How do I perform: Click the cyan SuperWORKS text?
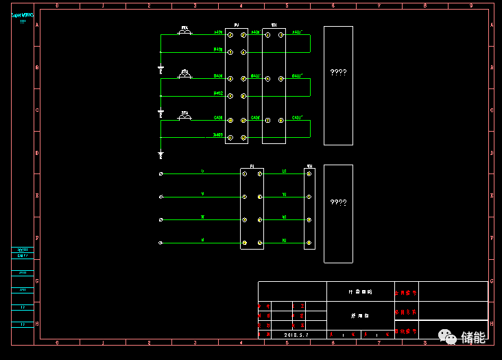[x=23, y=14]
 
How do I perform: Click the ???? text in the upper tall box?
[x=338, y=72]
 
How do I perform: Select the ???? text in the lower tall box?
[x=338, y=202]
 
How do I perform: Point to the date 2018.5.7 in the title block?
[x=296, y=335]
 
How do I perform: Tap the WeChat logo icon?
[x=448, y=337]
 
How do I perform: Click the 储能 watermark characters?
[x=473, y=337]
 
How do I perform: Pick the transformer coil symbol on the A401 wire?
[x=184, y=32]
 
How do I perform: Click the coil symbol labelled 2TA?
[x=184, y=75]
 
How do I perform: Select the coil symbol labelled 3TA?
[x=184, y=117]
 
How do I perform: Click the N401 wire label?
[x=217, y=49]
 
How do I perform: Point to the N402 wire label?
[x=217, y=93]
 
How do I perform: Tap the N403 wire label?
[x=217, y=135]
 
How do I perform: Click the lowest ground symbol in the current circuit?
[x=160, y=155]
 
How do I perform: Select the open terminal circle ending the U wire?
[x=160, y=174]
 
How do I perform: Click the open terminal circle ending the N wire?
[x=160, y=243]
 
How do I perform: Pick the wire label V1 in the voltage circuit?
[x=284, y=194]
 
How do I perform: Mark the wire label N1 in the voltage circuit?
[x=284, y=240]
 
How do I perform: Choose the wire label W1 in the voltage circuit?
[x=284, y=217]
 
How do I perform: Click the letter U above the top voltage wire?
[x=202, y=171]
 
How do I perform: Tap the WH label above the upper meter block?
[x=274, y=25]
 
